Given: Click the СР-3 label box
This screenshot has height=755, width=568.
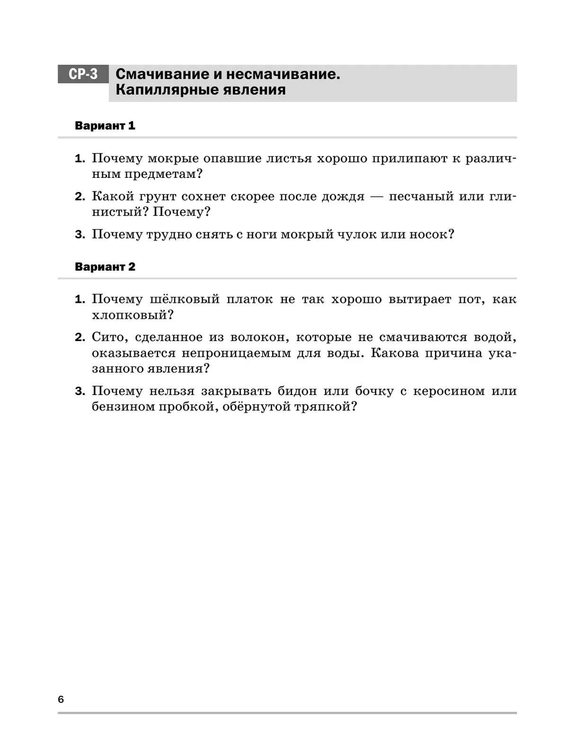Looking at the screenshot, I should (x=83, y=74).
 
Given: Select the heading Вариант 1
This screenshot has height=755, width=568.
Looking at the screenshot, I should (x=105, y=126).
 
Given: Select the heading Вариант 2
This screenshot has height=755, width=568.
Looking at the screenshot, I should (x=105, y=267).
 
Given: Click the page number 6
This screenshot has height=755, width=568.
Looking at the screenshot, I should (x=61, y=699).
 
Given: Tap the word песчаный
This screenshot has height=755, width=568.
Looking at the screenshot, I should (x=421, y=196).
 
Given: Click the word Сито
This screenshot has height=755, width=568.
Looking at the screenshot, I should (x=108, y=337).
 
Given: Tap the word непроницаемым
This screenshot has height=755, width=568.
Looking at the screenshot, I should (x=236, y=353).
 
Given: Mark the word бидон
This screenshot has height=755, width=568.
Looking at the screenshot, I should (x=296, y=391).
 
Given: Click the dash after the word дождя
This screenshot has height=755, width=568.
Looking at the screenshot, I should (x=376, y=196).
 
